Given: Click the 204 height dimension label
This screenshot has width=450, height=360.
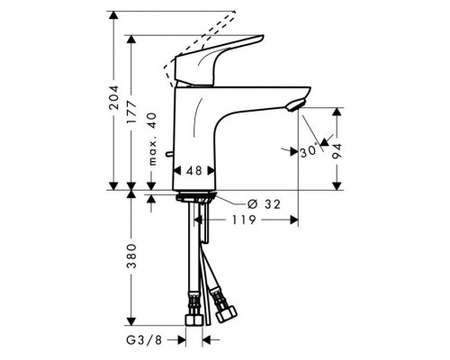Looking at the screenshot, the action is point(113,97).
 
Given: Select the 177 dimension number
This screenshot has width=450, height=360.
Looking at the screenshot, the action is point(131,112).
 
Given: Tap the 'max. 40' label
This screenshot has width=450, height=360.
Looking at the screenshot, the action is point(153,139).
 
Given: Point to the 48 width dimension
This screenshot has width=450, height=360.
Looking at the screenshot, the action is point(194,171).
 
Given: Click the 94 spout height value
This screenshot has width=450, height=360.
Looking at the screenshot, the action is point(337,151).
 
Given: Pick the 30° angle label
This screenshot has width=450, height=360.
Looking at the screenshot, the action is point(309,151).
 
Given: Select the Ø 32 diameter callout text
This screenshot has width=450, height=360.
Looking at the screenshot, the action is point(264,204).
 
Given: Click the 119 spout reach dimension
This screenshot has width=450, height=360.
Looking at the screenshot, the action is point(244,220).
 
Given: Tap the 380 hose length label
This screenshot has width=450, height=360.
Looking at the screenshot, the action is point(131,256).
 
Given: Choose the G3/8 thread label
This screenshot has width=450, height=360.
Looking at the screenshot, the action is point(144,340).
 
